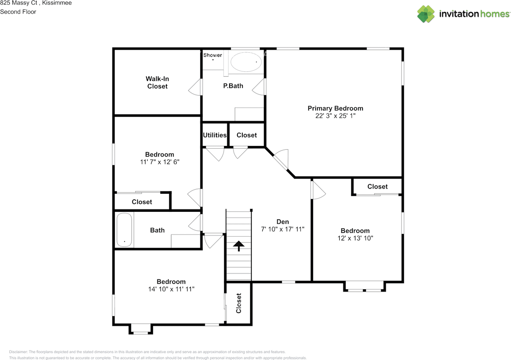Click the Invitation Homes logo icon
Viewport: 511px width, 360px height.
click(x=426, y=14)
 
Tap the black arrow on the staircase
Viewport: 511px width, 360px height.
click(x=239, y=246)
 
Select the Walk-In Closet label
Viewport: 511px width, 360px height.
click(x=157, y=83)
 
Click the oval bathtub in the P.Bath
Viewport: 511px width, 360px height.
click(x=246, y=62)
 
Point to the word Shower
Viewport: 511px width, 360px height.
click(x=213, y=55)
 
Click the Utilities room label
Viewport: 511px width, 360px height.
click(x=215, y=135)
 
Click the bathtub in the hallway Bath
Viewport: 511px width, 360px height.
click(x=124, y=230)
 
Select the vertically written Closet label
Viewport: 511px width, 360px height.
click(x=239, y=303)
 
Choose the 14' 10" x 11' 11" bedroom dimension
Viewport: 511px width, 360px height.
click(x=171, y=289)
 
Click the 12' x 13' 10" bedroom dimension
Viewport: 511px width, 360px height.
click(x=355, y=238)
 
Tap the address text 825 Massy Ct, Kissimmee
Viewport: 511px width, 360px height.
click(x=36, y=3)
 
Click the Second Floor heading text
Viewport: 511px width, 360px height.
click(x=18, y=12)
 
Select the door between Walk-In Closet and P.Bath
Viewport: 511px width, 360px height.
click(x=196, y=87)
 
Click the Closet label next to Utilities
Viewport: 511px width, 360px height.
click(x=246, y=135)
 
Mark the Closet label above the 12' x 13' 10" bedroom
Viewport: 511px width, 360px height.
click(x=377, y=187)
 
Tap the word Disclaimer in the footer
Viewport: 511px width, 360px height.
click(x=18, y=352)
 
